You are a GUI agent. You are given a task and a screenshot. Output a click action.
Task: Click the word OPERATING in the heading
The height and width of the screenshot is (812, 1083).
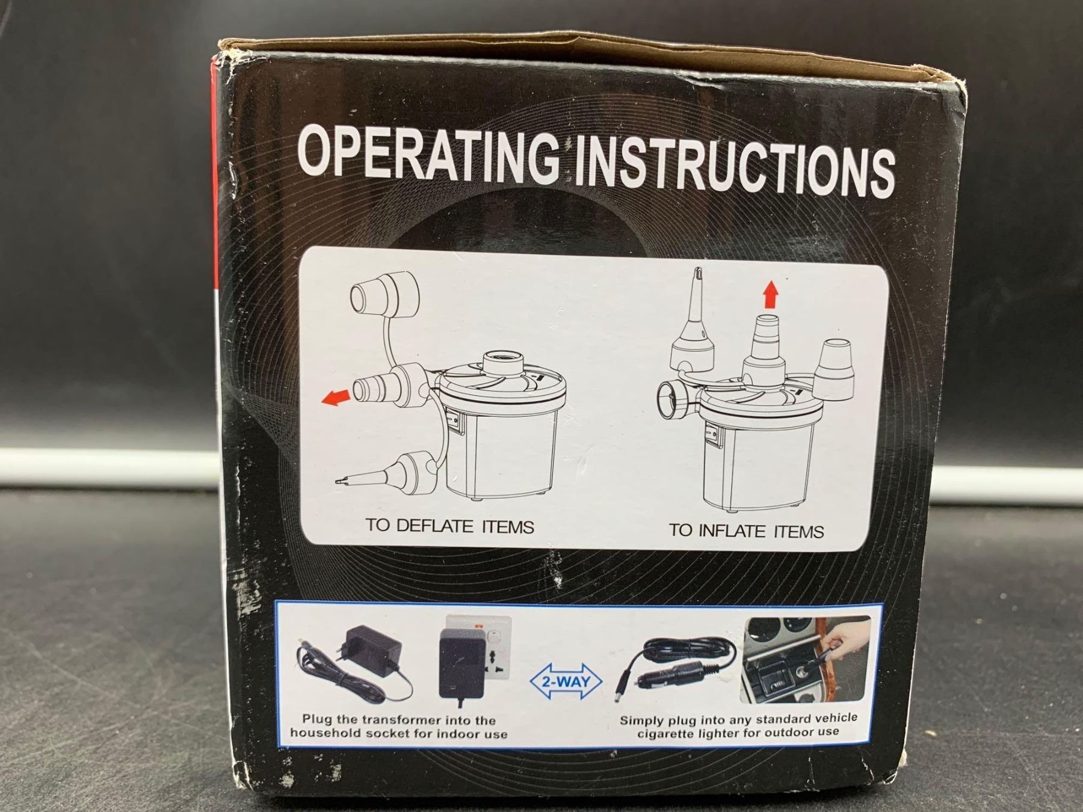point(429,156)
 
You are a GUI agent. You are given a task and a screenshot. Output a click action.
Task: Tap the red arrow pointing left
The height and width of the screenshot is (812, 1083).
point(336,396)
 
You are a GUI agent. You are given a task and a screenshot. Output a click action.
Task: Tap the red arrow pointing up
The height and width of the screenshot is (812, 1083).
point(771,296)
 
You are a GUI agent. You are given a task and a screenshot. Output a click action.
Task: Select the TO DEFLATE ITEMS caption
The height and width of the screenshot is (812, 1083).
point(449,526)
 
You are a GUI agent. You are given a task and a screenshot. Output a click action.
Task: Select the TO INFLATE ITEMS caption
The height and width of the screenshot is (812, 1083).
point(746,531)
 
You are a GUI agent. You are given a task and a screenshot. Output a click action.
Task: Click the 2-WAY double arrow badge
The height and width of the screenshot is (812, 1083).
point(565,681)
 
